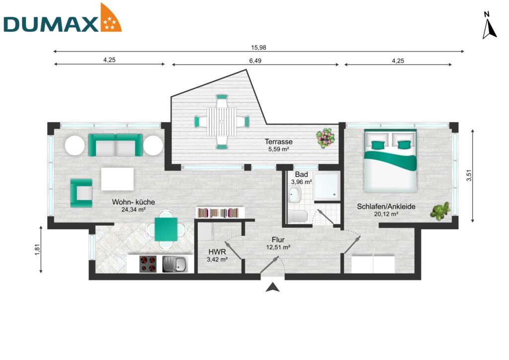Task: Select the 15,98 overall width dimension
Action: (x=259, y=47)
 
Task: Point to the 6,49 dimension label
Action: (x=254, y=60)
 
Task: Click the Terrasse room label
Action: (x=278, y=142)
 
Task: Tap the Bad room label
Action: (x=301, y=175)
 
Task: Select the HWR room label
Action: (x=217, y=252)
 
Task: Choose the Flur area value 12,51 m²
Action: (x=278, y=247)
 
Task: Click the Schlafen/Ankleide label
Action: (x=386, y=207)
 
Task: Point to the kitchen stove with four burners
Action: (x=148, y=264)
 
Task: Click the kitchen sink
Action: (x=175, y=264)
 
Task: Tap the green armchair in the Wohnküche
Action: (x=82, y=192)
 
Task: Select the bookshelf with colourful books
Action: (x=219, y=213)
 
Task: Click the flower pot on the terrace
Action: (x=326, y=138)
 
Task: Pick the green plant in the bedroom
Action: (x=440, y=211)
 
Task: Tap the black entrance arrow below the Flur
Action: (x=272, y=287)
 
